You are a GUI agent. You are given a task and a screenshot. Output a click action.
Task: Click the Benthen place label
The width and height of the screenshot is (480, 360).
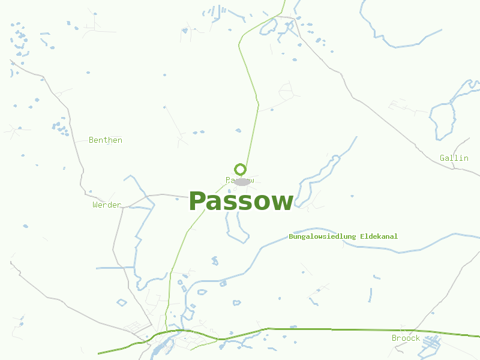[106, 140]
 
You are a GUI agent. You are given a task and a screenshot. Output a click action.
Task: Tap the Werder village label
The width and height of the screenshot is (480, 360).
[107, 205]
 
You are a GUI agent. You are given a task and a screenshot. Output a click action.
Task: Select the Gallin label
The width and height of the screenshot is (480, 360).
[454, 158]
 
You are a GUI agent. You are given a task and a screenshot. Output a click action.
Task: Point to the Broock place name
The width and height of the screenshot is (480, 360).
[406, 338]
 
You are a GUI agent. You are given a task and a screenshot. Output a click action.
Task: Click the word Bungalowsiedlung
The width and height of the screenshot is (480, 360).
[323, 236]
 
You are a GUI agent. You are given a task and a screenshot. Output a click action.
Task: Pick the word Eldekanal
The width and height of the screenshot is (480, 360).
[379, 236]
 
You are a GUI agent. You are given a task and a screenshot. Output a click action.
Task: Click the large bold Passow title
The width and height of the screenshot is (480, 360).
[241, 202]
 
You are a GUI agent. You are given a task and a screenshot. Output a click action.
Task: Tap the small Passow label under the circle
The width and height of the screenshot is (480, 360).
[240, 180]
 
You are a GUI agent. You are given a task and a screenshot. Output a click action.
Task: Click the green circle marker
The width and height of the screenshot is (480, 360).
[240, 169]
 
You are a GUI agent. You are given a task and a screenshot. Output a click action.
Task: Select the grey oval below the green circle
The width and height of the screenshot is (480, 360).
[241, 182]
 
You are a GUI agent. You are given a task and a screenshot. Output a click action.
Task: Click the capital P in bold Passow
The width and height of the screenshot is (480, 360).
[197, 202]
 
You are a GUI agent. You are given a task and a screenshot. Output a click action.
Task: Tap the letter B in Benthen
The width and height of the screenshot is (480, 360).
[91, 140]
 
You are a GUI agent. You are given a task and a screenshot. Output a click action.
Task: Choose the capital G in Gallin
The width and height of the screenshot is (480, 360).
[443, 158]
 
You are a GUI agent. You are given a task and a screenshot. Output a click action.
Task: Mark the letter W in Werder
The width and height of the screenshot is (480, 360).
[95, 205]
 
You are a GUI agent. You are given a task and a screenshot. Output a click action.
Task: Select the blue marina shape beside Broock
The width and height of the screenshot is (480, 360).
[431, 343]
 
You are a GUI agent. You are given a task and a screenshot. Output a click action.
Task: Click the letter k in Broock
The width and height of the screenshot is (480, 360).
[418, 338]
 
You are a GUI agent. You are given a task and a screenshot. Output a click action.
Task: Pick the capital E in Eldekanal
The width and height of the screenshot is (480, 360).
[362, 236]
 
